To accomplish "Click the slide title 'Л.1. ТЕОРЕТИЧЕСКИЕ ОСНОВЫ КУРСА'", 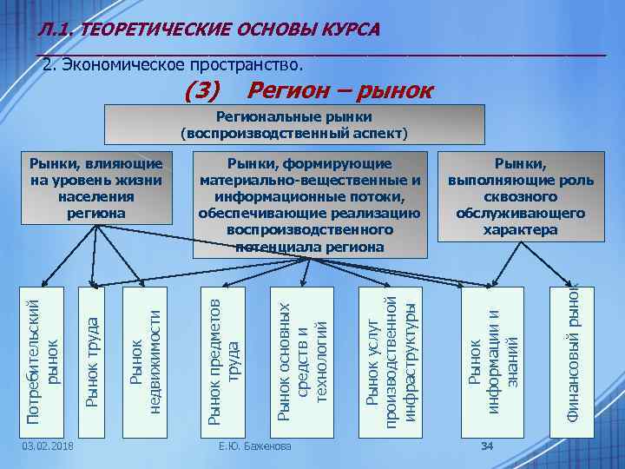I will click(208, 30).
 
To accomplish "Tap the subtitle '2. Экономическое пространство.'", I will click(174, 65).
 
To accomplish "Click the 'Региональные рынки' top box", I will click(294, 124).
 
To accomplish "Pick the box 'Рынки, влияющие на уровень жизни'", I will click(95, 188).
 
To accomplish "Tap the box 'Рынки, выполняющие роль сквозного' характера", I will click(520, 195).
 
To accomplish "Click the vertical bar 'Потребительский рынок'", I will click(43, 360).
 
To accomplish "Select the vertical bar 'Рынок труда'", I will click(93, 360).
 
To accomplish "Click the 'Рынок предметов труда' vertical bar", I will click(222, 360).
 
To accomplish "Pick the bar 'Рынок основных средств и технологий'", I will click(301, 360).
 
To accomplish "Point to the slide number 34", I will click(487, 446).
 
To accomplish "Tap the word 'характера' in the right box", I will click(520, 230).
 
